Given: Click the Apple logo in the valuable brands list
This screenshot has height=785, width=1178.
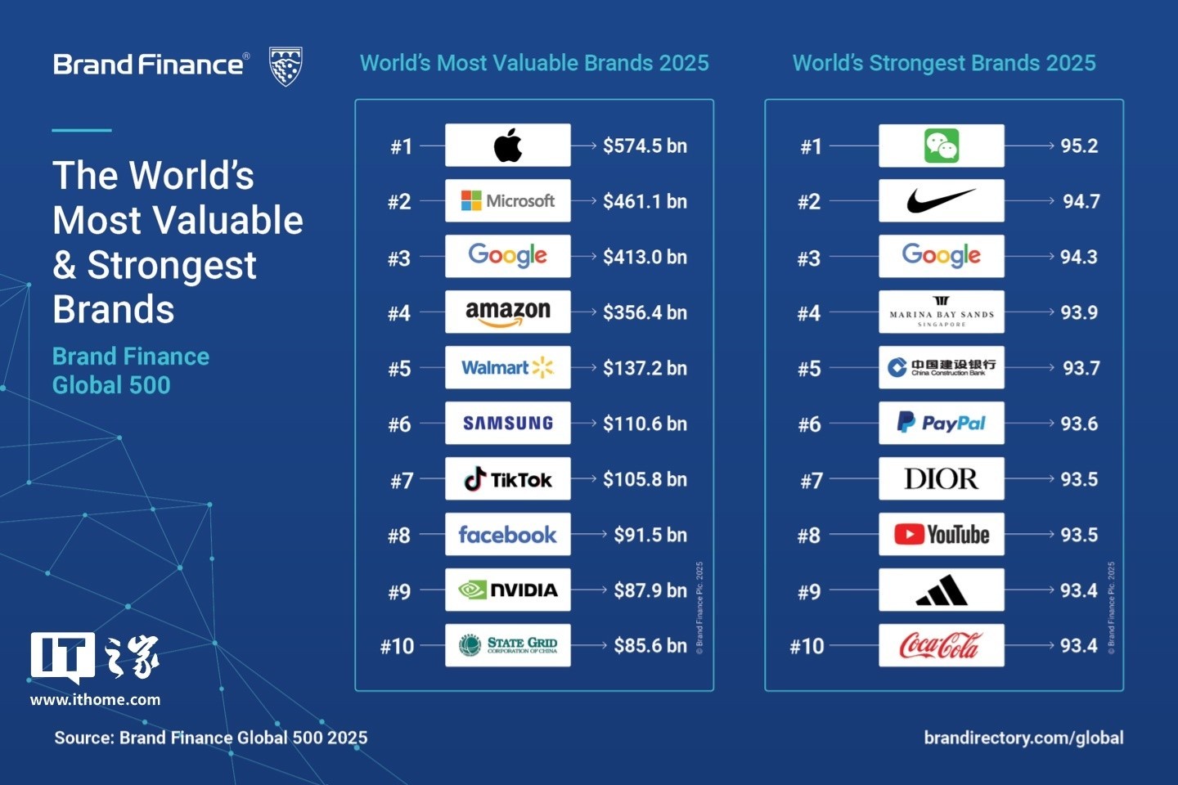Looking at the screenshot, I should pos(508,146).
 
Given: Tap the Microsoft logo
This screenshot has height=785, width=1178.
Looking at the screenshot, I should pos(508,201).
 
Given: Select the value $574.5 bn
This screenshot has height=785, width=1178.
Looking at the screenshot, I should pos(645,146).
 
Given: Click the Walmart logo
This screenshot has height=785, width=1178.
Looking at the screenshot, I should pos(508,368).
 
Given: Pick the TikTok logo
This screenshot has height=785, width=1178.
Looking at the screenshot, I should pos(508,479).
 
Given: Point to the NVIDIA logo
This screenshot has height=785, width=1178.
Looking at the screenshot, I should pos(508,590).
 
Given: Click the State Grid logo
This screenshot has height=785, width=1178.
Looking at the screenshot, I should pos(508,645).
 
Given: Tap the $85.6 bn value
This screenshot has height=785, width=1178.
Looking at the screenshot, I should pos(650,646).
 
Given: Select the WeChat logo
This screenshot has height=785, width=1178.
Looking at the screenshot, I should pos(942,146).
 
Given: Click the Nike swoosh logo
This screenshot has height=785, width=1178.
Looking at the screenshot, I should pos(942,200).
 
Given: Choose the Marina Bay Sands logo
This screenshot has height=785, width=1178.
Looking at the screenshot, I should pos(942,312).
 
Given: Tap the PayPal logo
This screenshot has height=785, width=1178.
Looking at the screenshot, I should pos(942,423).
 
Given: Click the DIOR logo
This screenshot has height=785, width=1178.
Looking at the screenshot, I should pos(942,478).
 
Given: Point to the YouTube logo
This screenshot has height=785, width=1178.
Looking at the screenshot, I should pos(942,535).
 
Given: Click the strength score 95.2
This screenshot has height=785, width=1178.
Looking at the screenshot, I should pos(1079,146).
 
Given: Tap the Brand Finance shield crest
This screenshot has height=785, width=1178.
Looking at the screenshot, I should pos(286,66).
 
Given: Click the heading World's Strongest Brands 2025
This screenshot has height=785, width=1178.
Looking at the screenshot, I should pos(944,63).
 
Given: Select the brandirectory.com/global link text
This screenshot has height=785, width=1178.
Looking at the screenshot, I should pos(1023,738).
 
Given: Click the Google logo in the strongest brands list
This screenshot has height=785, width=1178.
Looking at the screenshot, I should pos(942,256).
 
